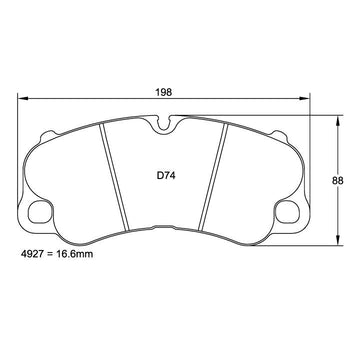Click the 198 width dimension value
164,92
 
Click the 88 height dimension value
337,181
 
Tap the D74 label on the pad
166,176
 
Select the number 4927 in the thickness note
32,254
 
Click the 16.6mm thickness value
73,254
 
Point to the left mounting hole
40,212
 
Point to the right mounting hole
287,212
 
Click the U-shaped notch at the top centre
163,124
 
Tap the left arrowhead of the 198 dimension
22,98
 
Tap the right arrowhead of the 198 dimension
305,98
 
